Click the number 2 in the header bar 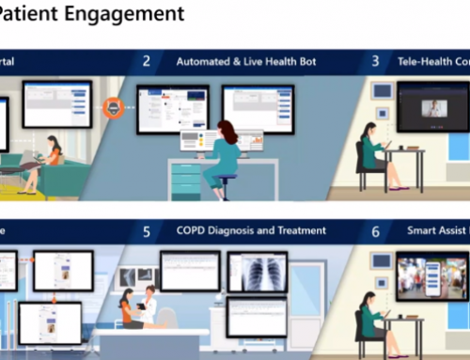146,62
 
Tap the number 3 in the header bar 375,62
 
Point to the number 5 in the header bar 146,230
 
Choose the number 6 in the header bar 375,230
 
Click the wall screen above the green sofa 56,102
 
